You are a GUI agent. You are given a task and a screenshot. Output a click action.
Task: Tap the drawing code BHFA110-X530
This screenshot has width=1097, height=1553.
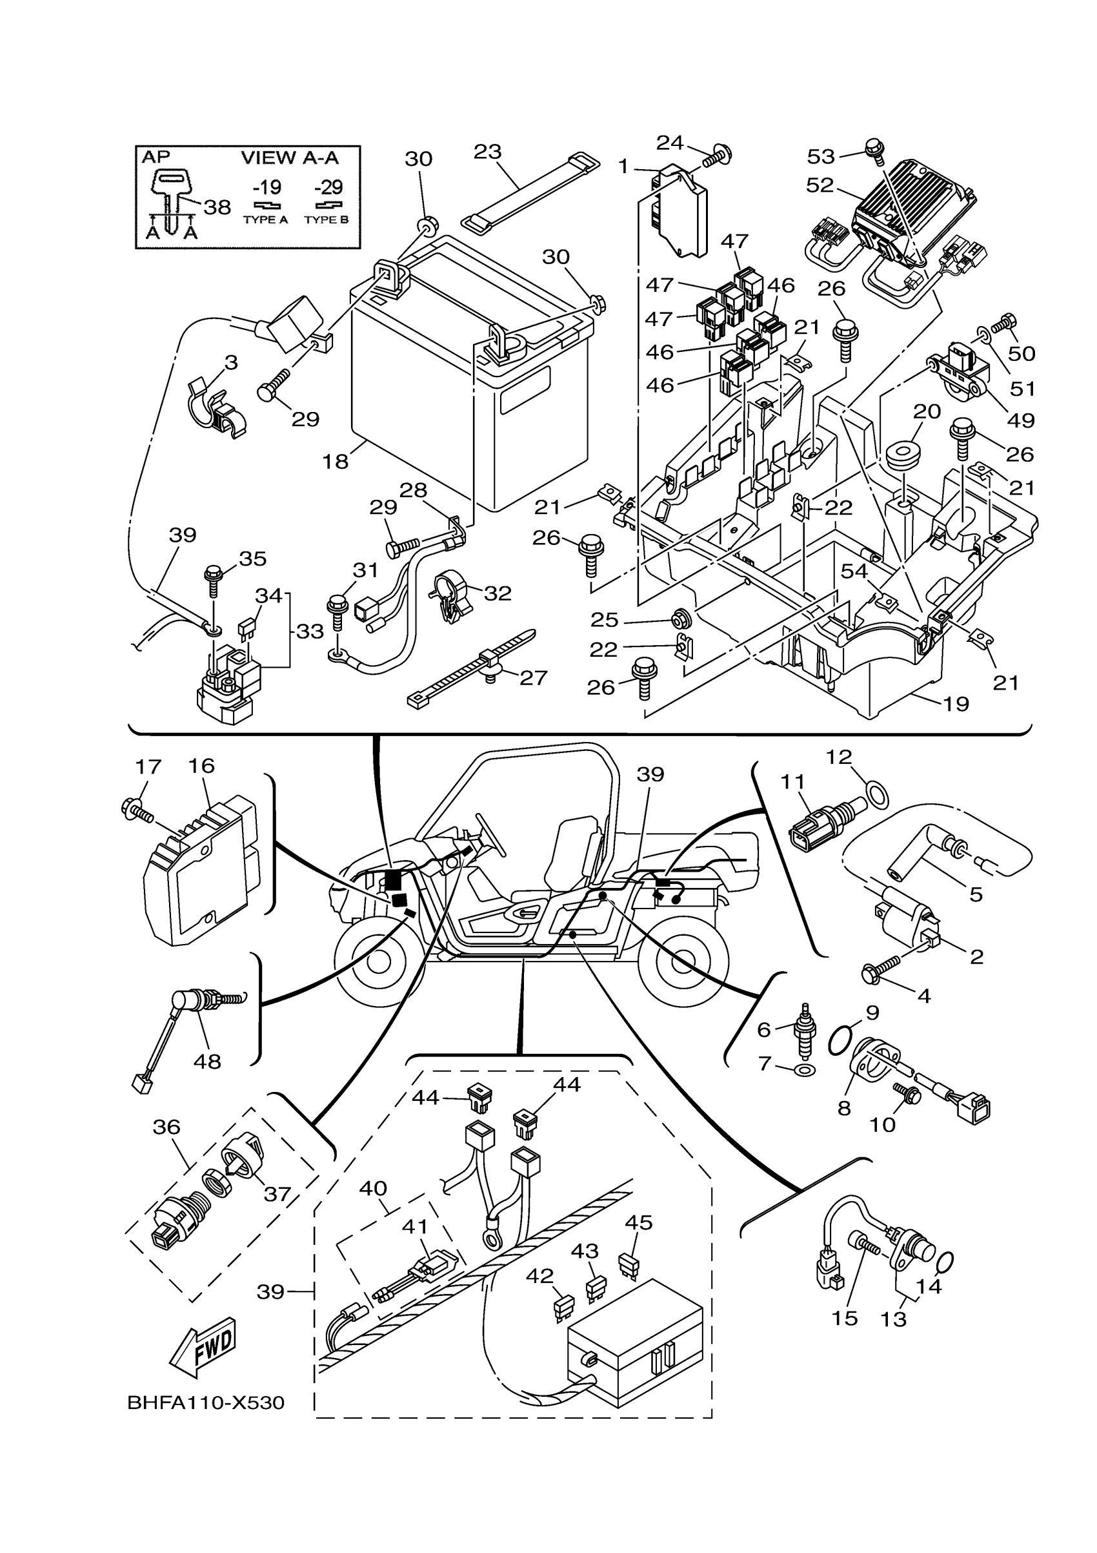[205, 1403]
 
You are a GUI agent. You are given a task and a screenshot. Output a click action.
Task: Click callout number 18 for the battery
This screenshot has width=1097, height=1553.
[336, 461]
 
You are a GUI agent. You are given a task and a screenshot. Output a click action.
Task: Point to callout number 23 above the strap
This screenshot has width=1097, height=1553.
[487, 152]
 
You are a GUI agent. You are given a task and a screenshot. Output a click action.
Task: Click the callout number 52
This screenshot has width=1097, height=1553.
[820, 185]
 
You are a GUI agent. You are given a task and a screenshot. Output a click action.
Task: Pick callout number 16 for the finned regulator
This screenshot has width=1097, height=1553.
[201, 766]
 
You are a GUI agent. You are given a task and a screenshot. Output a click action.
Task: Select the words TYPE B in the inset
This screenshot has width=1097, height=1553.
[327, 220]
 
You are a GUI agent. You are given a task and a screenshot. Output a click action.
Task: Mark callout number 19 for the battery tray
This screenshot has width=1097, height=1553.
[956, 704]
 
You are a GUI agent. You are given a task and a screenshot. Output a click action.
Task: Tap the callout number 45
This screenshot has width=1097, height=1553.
[639, 1222]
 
